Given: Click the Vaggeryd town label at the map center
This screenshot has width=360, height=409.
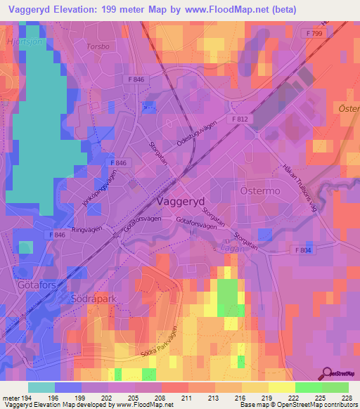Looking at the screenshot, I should [x=177, y=200].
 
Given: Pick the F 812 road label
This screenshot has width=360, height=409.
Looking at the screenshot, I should [x=240, y=120].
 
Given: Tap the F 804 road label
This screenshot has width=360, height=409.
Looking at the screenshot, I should [x=303, y=250].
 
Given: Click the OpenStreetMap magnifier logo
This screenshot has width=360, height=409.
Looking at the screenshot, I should [x=327, y=373].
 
